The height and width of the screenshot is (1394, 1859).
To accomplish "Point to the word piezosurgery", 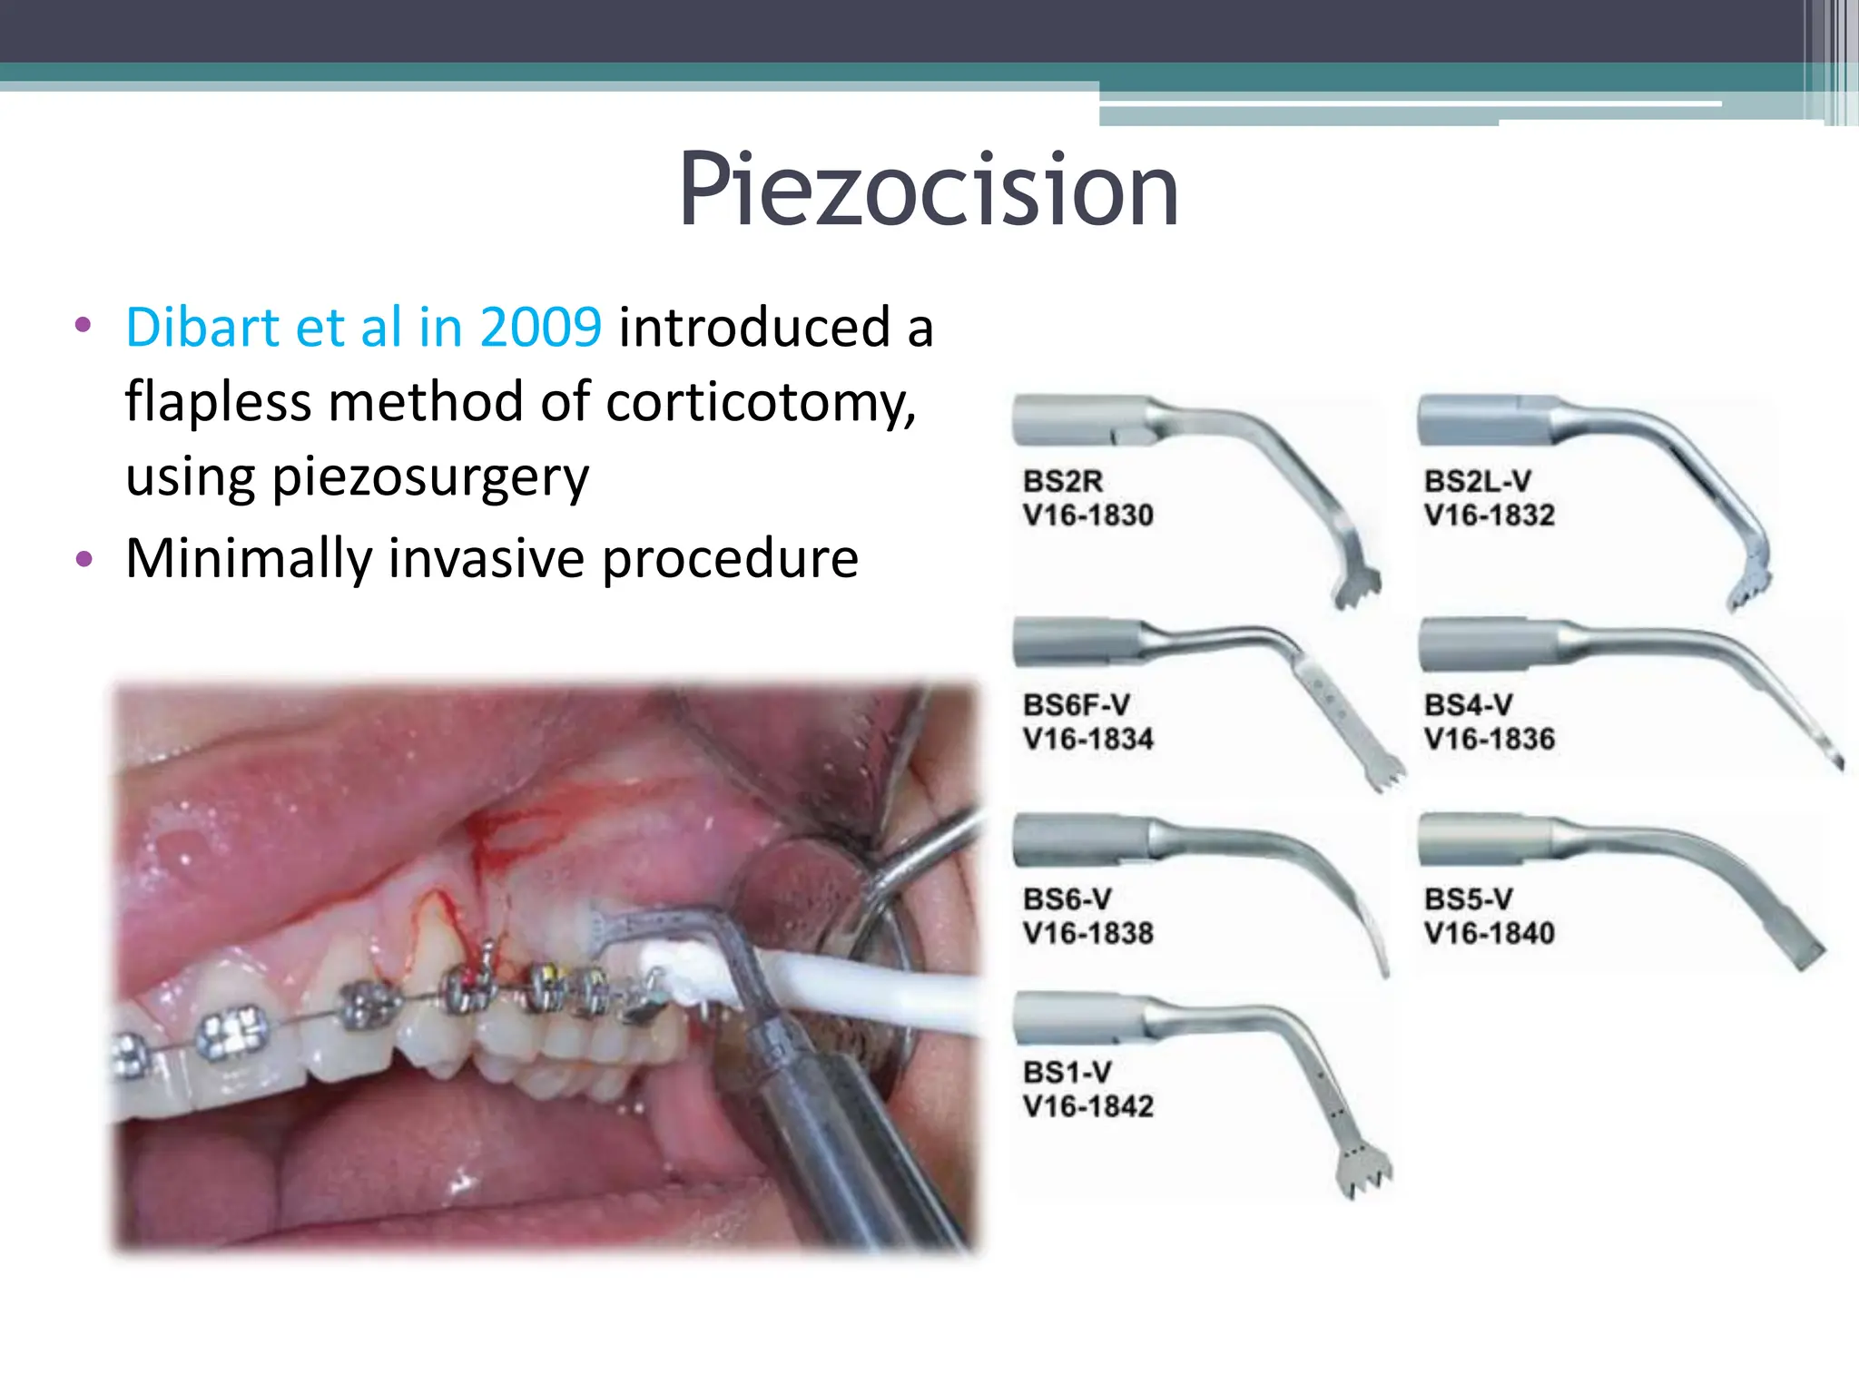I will click(x=429, y=478).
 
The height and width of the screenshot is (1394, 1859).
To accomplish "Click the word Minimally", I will click(x=248, y=558).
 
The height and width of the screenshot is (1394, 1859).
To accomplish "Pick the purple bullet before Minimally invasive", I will click(x=84, y=559).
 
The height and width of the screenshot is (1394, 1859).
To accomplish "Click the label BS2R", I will click(x=1062, y=481).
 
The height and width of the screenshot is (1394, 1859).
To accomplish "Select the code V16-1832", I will click(x=1489, y=515).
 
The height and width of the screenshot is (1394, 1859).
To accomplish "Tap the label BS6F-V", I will click(x=1076, y=705).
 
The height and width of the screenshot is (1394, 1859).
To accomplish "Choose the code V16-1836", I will click(x=1489, y=739).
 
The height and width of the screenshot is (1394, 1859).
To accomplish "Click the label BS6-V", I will click(x=1067, y=899).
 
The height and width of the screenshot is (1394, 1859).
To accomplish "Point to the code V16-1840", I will click(x=1489, y=933).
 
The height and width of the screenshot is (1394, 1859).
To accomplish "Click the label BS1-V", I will click(x=1067, y=1073).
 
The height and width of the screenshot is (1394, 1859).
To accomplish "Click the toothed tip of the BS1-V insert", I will click(x=1364, y=1176).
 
